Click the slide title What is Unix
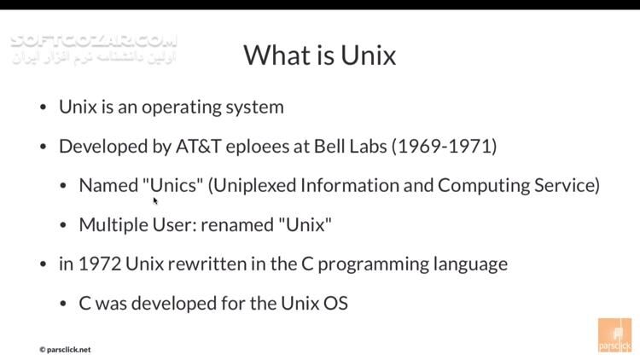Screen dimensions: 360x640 pyautogui.click(x=319, y=55)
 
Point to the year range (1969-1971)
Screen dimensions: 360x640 pyautogui.click(x=444, y=146)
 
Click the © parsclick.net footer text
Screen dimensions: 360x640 pyautogui.click(x=65, y=349)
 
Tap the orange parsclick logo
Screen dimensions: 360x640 pyautogui.click(x=614, y=334)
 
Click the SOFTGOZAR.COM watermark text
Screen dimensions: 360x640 pyautogui.click(x=94, y=40)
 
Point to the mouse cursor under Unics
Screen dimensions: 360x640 pyautogui.click(x=155, y=201)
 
